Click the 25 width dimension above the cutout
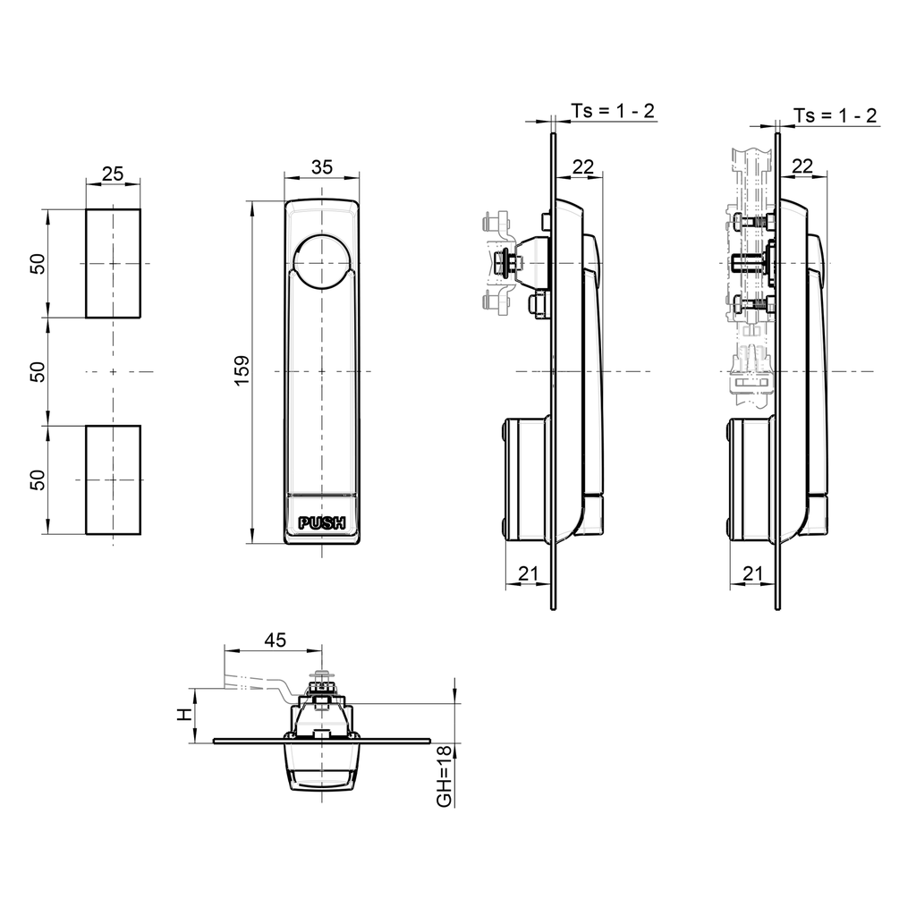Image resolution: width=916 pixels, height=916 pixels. coord(113,174)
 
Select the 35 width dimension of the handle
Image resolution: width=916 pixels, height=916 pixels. coord(322,166)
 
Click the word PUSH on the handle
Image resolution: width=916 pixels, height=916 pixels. coord(321,523)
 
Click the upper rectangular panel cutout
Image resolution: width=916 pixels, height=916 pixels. coord(113,263)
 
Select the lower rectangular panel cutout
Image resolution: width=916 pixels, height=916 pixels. coord(113,479)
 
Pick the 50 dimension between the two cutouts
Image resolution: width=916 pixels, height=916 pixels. coord(37,371)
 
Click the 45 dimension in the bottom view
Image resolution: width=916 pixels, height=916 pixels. coord(275,640)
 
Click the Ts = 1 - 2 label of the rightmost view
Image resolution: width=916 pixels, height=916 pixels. coord(835,115)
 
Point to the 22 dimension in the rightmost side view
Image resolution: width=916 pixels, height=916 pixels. coord(802,165)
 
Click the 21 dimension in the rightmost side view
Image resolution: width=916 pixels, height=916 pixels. coord(752,572)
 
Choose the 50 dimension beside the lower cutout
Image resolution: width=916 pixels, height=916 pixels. coord(37,479)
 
